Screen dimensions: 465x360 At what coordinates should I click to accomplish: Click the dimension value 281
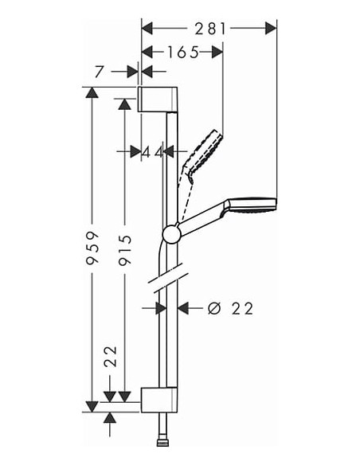coord(209,28)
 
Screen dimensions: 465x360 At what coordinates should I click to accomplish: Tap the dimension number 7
coord(99,72)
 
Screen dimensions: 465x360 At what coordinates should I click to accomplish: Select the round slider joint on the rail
coord(170,233)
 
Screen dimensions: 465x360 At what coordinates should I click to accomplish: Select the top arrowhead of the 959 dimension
coord(92,93)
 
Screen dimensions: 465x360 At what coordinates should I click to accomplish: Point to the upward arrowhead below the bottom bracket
coord(110,417)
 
